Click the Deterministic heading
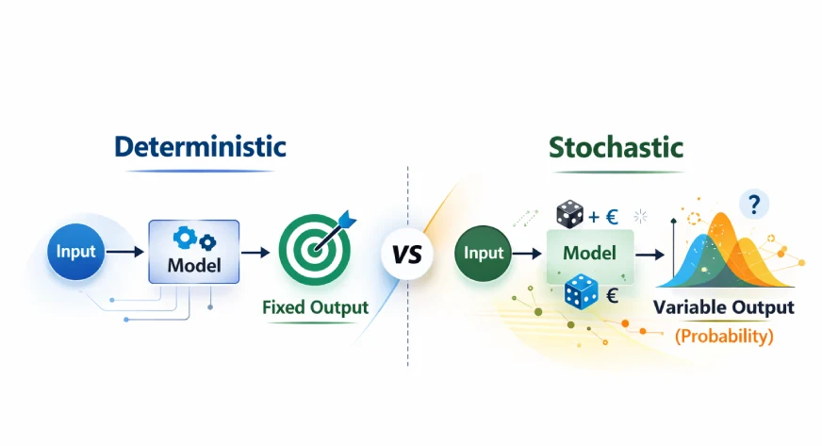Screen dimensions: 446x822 (200, 147)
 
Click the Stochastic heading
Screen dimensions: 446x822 (616, 147)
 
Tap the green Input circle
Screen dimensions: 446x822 (484, 253)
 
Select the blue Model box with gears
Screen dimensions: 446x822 (193, 252)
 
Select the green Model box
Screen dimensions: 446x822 (590, 253)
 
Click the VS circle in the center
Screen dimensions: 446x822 (407, 256)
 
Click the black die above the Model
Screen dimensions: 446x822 (569, 215)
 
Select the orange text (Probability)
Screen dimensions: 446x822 (724, 336)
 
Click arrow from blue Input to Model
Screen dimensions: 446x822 (125, 253)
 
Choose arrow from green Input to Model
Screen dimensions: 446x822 (525, 253)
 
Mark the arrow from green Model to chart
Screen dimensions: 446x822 (649, 254)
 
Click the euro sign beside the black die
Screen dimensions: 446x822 (611, 217)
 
